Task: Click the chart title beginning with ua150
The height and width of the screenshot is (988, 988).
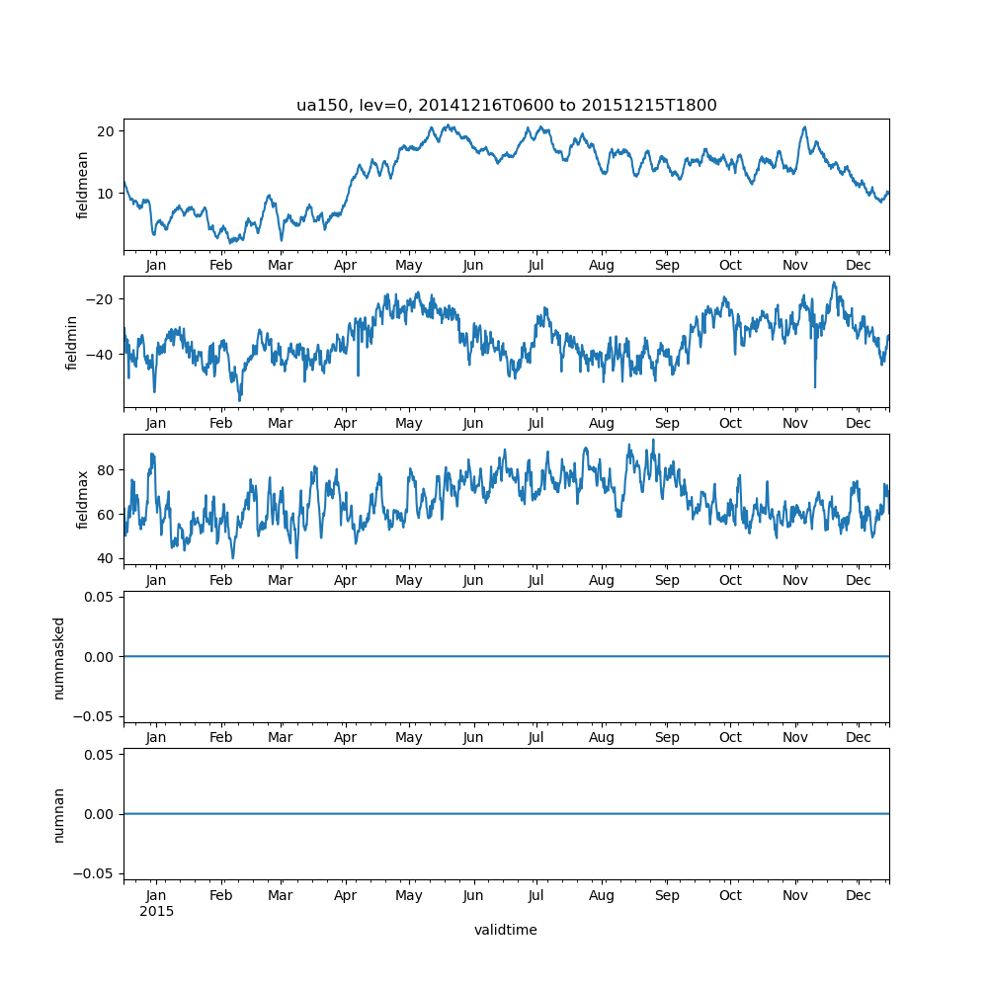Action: tap(506, 105)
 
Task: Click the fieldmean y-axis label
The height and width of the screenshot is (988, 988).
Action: tap(83, 185)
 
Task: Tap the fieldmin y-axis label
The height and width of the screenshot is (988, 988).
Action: tap(71, 342)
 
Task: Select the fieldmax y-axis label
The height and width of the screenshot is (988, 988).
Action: tap(83, 499)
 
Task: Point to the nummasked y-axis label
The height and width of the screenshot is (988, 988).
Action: tap(59, 657)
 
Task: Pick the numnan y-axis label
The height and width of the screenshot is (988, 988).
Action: tap(59, 814)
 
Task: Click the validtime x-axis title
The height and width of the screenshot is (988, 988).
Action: tap(506, 930)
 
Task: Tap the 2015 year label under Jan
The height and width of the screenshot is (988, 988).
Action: tap(156, 911)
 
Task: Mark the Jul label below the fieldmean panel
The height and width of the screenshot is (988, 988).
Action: tap(535, 266)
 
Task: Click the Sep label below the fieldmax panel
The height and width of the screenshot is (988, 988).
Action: tap(667, 581)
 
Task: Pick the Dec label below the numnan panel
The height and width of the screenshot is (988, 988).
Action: tap(859, 895)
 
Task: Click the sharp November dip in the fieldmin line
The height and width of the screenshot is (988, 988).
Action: tap(815, 386)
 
